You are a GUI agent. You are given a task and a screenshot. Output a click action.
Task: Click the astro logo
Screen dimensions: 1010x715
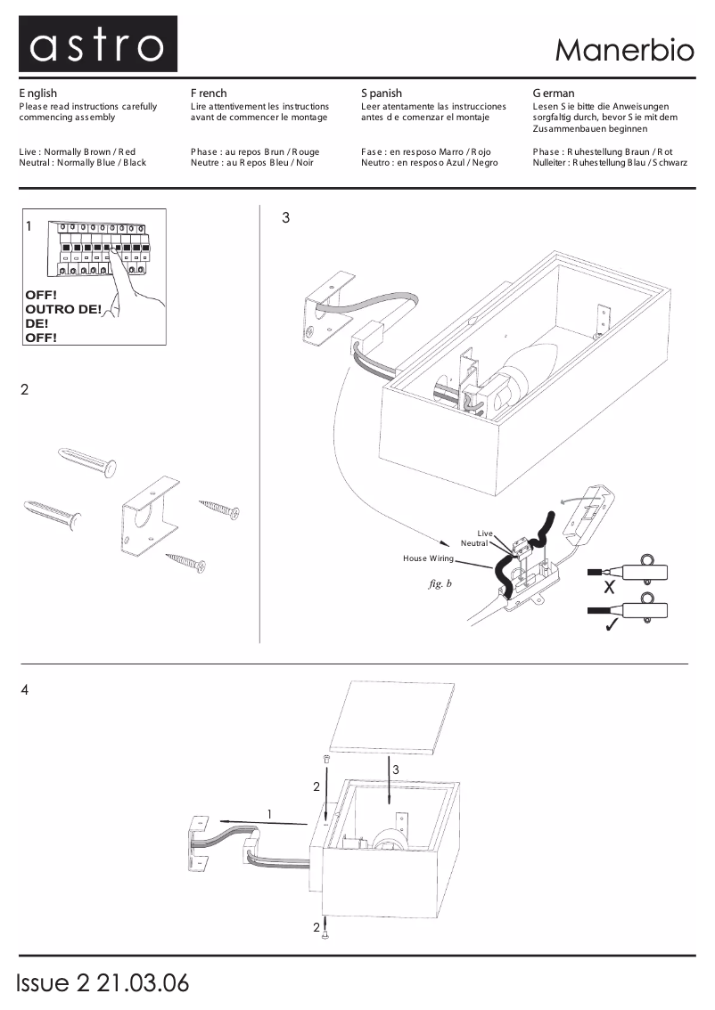[x=97, y=45]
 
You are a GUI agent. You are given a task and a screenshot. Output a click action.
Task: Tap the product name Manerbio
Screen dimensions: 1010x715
[x=623, y=50]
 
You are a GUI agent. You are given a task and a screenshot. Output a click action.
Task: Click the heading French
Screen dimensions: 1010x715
[x=209, y=93]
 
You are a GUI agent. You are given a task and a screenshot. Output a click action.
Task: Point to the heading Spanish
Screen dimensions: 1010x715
[x=382, y=93]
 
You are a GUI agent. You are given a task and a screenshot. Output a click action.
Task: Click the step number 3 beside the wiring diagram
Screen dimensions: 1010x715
[x=285, y=217]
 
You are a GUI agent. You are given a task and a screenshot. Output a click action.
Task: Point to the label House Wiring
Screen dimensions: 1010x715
[x=428, y=558]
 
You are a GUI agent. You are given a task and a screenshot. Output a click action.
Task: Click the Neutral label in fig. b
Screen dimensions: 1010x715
[x=473, y=542]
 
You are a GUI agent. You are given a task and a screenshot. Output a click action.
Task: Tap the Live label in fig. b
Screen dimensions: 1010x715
[x=485, y=533]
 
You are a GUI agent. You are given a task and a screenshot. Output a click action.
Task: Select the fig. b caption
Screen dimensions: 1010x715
[x=440, y=584]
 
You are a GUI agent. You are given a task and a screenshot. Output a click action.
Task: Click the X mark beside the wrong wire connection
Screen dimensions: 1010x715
[x=609, y=588]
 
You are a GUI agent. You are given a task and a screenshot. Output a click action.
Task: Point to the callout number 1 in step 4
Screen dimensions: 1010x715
[x=269, y=813]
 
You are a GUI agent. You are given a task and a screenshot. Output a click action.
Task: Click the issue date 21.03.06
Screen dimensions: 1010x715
[x=143, y=983]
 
